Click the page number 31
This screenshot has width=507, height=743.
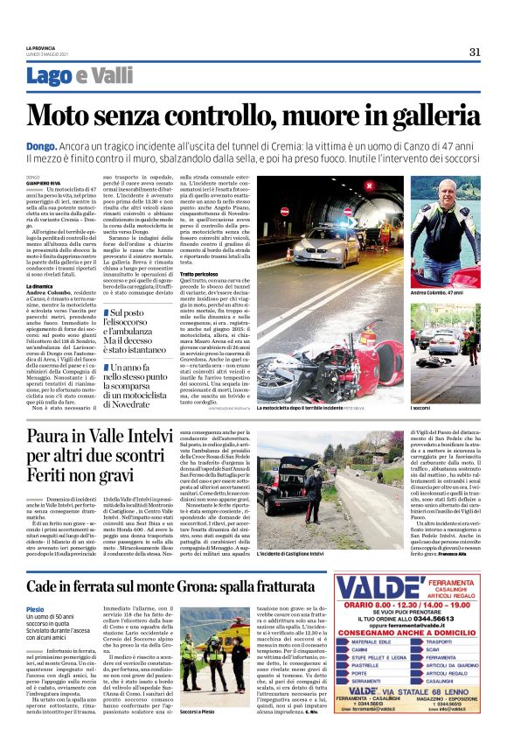tap(474, 52)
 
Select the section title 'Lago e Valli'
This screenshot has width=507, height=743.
tap(80, 76)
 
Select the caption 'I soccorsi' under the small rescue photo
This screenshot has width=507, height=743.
tap(420, 383)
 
